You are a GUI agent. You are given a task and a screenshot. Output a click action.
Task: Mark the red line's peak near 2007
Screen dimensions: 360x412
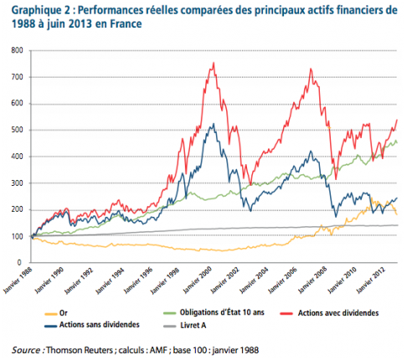tap(311, 69)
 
